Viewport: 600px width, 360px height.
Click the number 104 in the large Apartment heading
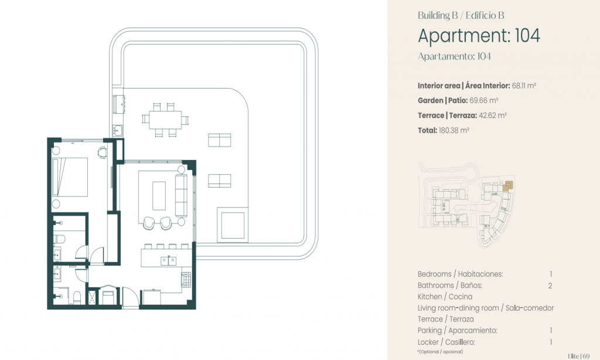pos(528,36)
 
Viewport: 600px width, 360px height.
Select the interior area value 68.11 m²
pos(524,86)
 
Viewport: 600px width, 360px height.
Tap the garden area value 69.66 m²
pos(483,101)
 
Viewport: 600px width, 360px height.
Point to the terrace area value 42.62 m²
pos(493,116)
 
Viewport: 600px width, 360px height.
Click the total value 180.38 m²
pos(454,130)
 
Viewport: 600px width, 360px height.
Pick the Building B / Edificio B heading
pos(461,15)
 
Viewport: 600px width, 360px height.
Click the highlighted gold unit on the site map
pos(507,186)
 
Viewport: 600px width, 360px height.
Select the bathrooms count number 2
pos(550,286)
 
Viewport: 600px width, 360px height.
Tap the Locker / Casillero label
pos(446,342)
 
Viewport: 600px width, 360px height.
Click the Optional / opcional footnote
pos(440,352)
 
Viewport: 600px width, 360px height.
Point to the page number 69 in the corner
pos(586,356)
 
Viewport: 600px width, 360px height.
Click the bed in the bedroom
pos(70,177)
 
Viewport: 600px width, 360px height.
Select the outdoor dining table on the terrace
pos(165,120)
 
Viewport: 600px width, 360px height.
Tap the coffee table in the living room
pos(159,196)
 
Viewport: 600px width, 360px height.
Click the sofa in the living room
pos(181,195)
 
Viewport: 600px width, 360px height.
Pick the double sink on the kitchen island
pos(168,261)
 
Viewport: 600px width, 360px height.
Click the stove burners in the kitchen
pos(186,280)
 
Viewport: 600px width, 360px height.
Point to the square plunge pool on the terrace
pos(232,225)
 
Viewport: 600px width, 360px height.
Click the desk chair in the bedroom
pos(102,152)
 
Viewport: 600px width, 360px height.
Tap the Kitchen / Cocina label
pos(445,297)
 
